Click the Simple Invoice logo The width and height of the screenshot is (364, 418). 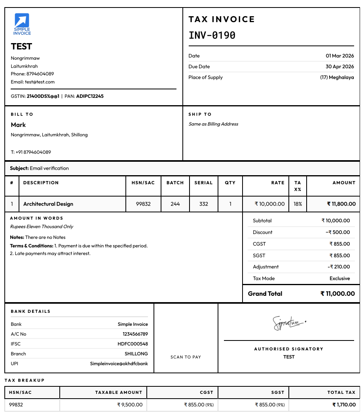(x=22, y=24)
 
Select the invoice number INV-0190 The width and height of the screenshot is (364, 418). (x=212, y=36)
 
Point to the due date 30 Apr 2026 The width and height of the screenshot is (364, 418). (x=339, y=66)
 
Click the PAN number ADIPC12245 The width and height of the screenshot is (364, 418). (x=90, y=96)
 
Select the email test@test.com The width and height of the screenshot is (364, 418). (x=40, y=82)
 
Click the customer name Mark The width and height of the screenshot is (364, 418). (x=18, y=125)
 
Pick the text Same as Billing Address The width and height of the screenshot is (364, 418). (x=213, y=124)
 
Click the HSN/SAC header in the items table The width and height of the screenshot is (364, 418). (x=143, y=183)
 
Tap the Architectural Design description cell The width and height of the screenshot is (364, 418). (x=48, y=204)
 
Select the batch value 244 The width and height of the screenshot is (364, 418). (x=175, y=204)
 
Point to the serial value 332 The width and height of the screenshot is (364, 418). (x=204, y=204)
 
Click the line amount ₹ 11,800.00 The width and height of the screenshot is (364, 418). (x=341, y=204)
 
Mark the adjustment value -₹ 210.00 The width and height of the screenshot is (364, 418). (x=339, y=267)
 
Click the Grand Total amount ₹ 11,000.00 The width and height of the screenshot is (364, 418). (x=337, y=294)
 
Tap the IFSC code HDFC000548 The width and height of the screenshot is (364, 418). (x=133, y=344)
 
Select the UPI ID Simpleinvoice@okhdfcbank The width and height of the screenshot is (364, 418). (x=119, y=363)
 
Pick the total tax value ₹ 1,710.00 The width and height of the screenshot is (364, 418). (x=344, y=405)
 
